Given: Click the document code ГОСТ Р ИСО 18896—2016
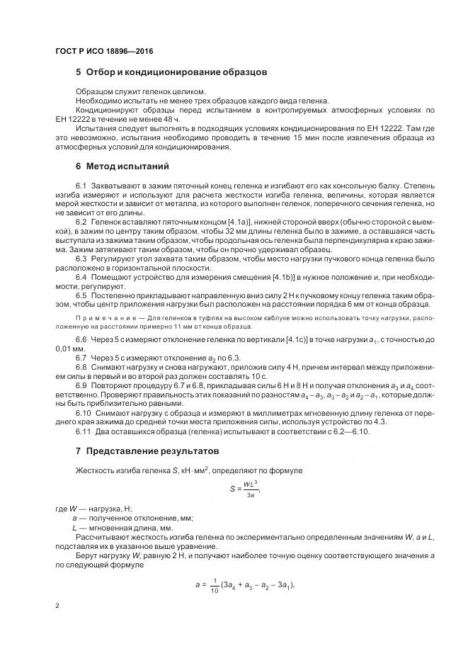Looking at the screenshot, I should tap(103, 52).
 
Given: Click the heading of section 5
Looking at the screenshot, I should tap(166, 72).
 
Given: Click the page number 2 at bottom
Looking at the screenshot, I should tap(57, 606).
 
